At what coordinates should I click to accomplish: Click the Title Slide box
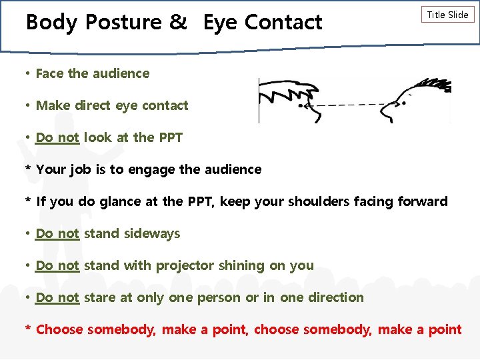click(447, 15)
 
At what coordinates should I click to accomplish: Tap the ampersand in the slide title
click(178, 22)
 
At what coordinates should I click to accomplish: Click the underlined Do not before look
click(57, 137)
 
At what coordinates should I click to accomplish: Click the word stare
click(99, 297)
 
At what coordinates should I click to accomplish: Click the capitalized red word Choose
click(59, 329)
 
